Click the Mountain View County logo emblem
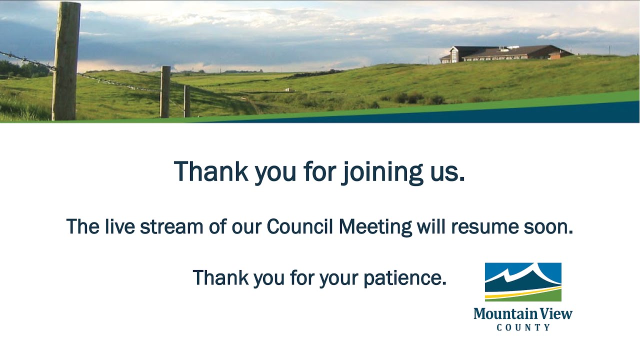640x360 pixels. [523, 281]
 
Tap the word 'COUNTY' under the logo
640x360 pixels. [523, 327]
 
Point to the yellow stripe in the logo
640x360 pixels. [523, 294]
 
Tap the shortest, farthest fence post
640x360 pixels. [186, 101]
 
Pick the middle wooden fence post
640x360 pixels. [165, 91]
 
